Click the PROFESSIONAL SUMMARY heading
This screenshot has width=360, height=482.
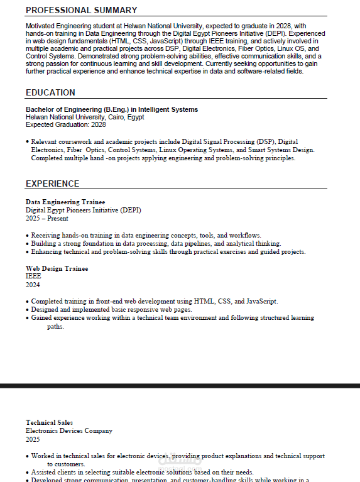[x=81, y=10]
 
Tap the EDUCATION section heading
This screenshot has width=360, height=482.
[x=50, y=92]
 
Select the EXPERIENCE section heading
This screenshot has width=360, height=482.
[x=52, y=183]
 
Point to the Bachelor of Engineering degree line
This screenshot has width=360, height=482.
[x=112, y=109]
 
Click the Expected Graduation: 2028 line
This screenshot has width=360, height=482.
[x=66, y=124]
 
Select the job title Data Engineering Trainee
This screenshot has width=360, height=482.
[x=65, y=202]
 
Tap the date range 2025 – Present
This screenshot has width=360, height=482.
[x=47, y=218]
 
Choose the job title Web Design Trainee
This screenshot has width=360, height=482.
[x=57, y=268]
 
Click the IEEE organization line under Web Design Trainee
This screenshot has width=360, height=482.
[x=33, y=276]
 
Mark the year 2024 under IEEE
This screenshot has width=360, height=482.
[x=33, y=284]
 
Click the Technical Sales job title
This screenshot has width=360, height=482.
[x=49, y=422]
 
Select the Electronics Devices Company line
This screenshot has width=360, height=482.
[x=69, y=430]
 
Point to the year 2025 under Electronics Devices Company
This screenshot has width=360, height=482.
[x=33, y=439]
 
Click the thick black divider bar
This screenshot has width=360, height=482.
[x=180, y=385]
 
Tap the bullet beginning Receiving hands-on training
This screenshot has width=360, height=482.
[x=146, y=235]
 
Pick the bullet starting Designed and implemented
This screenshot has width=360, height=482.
[x=111, y=309]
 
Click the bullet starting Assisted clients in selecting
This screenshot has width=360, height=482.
[x=142, y=472]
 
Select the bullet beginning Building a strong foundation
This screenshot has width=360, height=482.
[x=156, y=243]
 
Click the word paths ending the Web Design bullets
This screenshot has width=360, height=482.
[x=55, y=326]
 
